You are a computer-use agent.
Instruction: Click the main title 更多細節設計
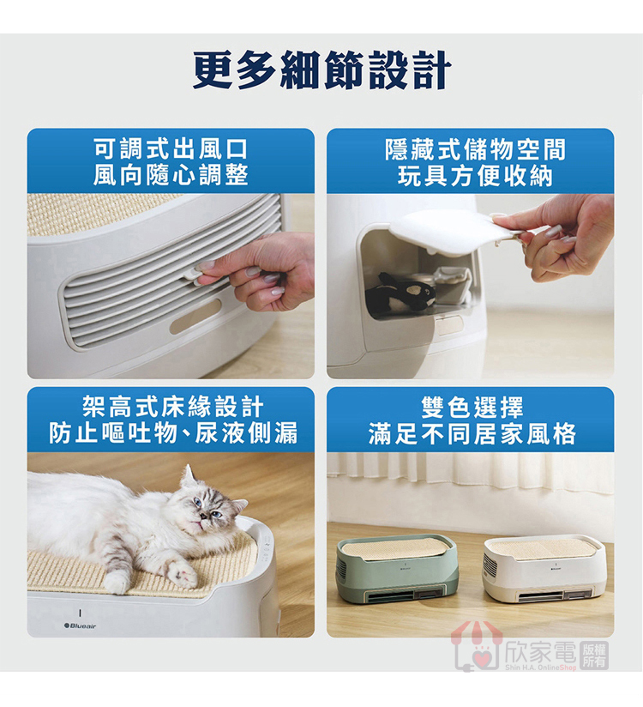pyautogui.click(x=321, y=69)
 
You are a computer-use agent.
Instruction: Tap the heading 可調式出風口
pyautogui.click(x=171, y=148)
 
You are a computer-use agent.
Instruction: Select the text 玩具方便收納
pyautogui.click(x=475, y=175)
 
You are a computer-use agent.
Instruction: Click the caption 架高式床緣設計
pyautogui.click(x=171, y=408)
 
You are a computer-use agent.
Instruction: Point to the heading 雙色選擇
pyautogui.click(x=472, y=408)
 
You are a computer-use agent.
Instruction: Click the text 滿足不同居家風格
pyautogui.click(x=472, y=434)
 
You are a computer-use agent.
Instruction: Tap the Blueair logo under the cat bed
pyautogui.click(x=81, y=625)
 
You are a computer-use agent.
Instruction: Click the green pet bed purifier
pyautogui.click(x=397, y=570)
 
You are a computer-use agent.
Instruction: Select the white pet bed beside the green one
pyautogui.click(x=544, y=570)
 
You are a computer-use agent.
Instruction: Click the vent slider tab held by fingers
pyautogui.click(x=193, y=275)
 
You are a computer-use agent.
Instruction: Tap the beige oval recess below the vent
pyautogui.click(x=195, y=316)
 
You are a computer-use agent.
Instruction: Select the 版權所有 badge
pyautogui.click(x=594, y=656)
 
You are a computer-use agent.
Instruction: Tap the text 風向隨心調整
pyautogui.click(x=171, y=175)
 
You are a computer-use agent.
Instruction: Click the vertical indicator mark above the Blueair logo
pyautogui.click(x=80, y=613)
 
